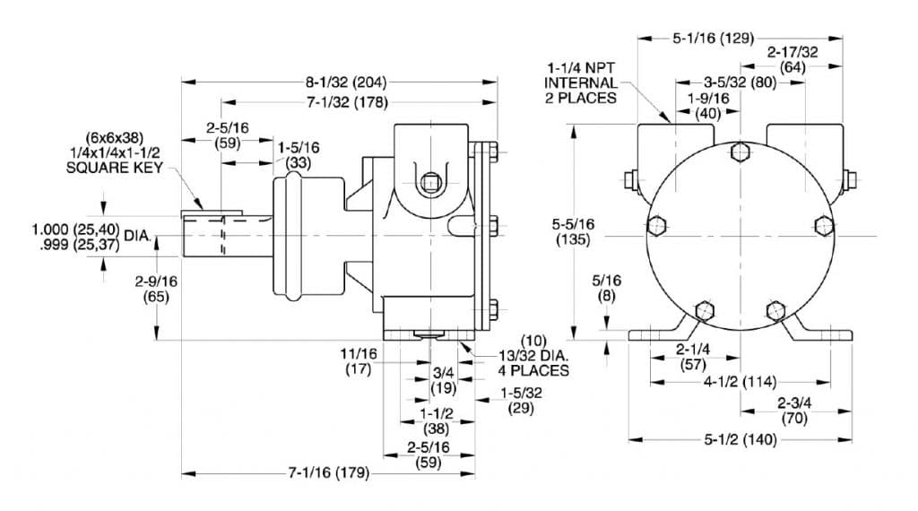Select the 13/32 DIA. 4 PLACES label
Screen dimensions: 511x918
[534, 361]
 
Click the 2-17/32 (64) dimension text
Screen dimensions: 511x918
[792, 60]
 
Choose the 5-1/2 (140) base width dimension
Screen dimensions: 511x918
[740, 439]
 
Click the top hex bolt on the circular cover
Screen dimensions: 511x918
[740, 152]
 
